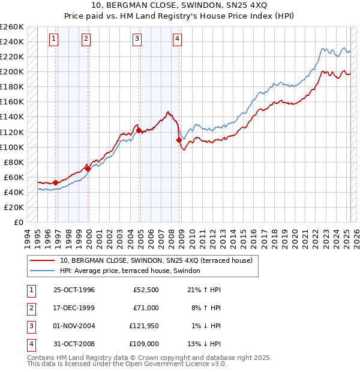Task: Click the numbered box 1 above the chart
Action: pos(54,39)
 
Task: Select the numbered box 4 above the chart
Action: pos(178,39)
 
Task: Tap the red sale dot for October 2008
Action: pos(179,140)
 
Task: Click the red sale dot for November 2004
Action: pos(139,130)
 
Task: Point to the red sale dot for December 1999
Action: pos(88,169)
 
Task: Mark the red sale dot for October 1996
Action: pos(56,182)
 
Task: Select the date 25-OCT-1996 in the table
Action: pos(74,290)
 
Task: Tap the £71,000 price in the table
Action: pos(146,308)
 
